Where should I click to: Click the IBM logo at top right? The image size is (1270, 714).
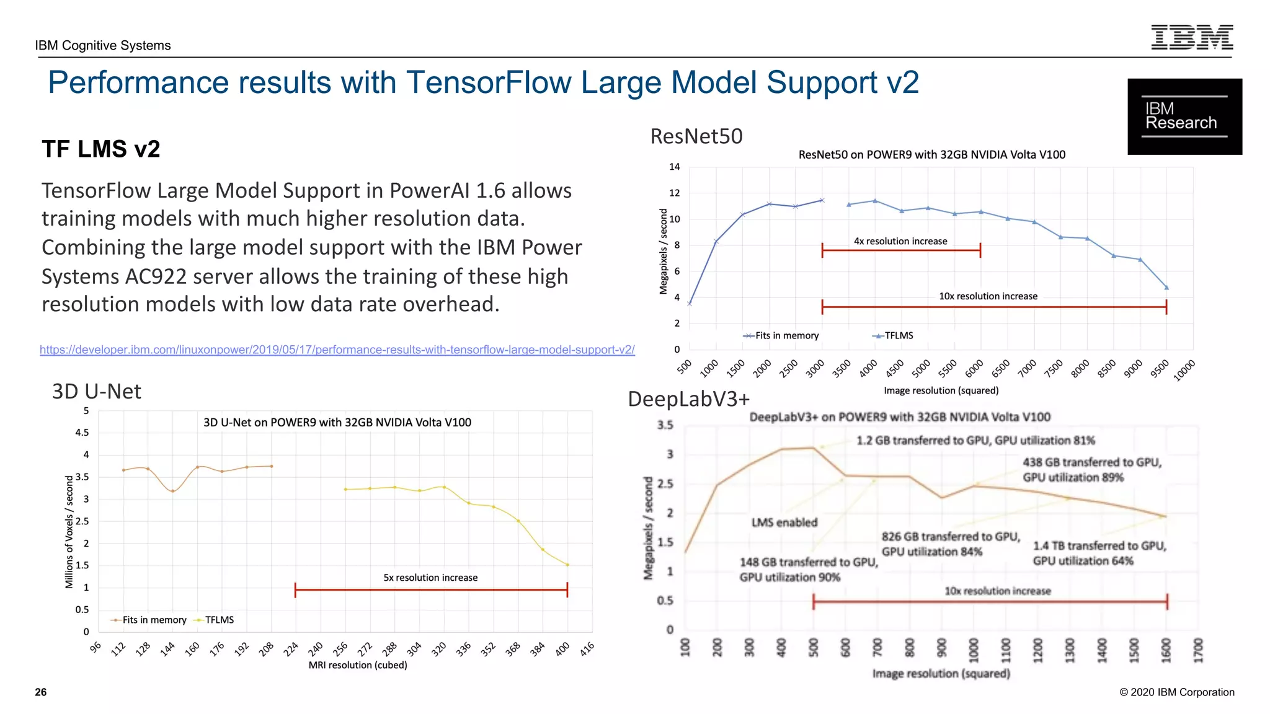tap(1191, 37)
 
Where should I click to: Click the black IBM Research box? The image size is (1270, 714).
tap(1184, 117)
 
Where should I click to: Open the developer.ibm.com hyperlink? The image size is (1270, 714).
tap(337, 350)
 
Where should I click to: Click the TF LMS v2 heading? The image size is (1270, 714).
tap(101, 149)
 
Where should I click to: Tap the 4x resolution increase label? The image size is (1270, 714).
tap(900, 241)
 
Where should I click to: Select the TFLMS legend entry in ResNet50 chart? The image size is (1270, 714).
tap(893, 335)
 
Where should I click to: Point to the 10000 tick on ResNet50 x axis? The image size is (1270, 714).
tap(1184, 370)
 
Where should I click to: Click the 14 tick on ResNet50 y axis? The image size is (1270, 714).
tap(674, 167)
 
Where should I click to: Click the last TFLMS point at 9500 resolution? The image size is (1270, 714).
tap(1166, 288)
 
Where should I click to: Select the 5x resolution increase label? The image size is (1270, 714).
tap(430, 578)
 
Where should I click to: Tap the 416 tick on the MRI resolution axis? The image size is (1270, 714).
tap(587, 648)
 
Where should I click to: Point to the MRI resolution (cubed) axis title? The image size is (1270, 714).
tap(358, 665)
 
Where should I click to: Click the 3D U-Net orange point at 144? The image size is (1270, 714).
tap(173, 491)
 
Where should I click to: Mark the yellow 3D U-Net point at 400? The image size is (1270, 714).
tap(567, 565)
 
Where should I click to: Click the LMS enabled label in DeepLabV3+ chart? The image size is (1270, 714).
tap(784, 522)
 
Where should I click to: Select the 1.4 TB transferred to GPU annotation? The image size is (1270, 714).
tap(1099, 553)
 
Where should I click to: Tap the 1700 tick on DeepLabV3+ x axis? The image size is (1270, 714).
tap(1198, 650)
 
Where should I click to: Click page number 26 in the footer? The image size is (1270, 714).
tap(41, 692)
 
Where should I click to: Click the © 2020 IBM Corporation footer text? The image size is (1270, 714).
tap(1176, 692)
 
